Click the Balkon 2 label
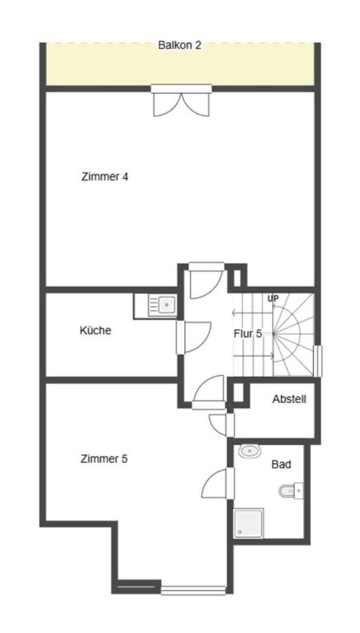coord(179,45)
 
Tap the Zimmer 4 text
coord(105,177)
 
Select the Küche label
coord(96,330)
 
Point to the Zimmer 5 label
coord(104,459)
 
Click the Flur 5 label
coord(247,333)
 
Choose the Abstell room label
coord(289,399)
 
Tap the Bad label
coord(281,464)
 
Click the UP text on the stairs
coord(273,298)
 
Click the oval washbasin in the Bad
coord(248,451)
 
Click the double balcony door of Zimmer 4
coord(181,100)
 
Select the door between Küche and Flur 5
coord(193,336)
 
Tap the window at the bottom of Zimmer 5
coord(193,589)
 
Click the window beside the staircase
coord(318,360)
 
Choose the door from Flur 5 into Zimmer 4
coord(205,279)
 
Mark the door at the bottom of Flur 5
coord(208,394)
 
